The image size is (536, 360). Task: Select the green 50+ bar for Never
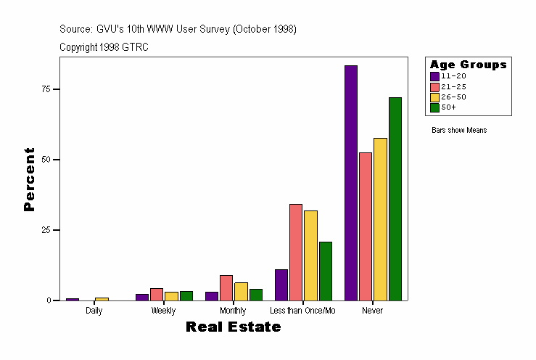395,199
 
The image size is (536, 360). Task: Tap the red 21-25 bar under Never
366,226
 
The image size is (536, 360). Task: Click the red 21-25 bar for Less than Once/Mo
296,252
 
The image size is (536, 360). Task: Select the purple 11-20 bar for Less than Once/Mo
281,285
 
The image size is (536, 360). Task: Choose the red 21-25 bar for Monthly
226,287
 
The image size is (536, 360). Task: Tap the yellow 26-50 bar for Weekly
171,296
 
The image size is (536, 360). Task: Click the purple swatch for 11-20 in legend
434,76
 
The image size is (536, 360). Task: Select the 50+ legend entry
448,107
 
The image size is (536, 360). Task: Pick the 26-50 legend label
453,97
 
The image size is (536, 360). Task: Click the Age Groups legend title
468,65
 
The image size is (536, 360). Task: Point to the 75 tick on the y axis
46,89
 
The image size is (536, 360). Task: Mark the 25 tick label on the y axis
46,230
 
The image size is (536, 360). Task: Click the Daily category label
94,311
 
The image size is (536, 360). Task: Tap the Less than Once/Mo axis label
302,311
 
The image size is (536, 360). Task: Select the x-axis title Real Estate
233,327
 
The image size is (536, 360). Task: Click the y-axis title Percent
29,179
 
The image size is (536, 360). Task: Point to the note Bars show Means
459,131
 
